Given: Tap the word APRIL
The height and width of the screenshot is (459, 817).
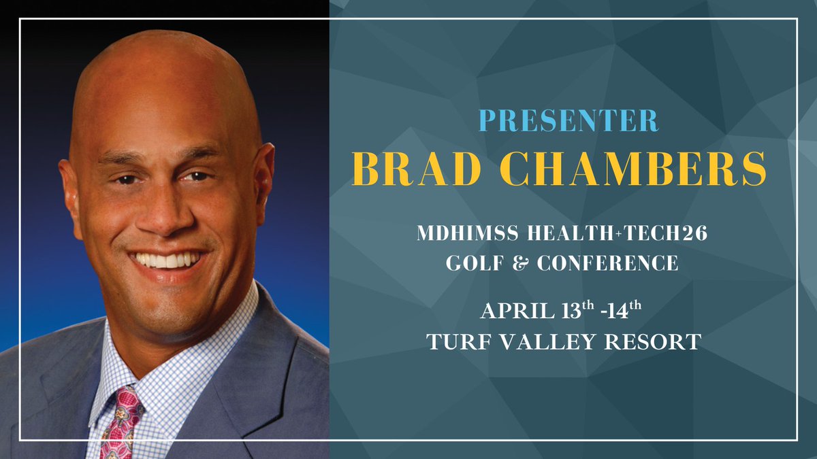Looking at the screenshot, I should [514, 312].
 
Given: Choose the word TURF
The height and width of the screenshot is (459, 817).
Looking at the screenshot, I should [457, 341].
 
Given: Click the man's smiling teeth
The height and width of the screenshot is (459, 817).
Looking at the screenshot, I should [167, 260].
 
